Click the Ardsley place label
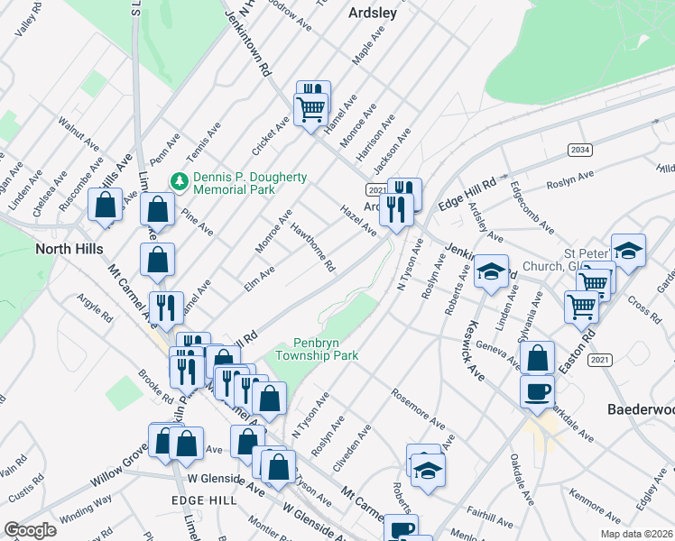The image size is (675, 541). pyautogui.click(x=372, y=14)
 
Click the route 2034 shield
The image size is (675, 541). pyautogui.click(x=579, y=149)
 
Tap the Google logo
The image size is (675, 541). pyautogui.click(x=29, y=530)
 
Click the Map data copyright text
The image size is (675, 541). pyautogui.click(x=638, y=534)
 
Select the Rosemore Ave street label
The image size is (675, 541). pyautogui.click(x=418, y=408)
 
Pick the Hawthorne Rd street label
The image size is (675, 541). pyautogui.click(x=313, y=248)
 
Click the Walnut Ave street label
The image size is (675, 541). pyautogui.click(x=78, y=132)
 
